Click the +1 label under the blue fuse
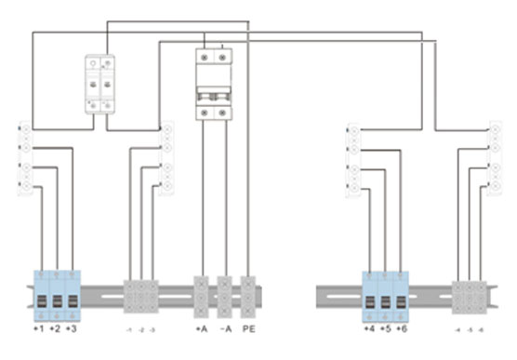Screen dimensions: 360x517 click(x=39, y=330)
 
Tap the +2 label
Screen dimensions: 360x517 click(x=57, y=330)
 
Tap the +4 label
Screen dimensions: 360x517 click(x=369, y=330)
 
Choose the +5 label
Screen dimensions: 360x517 click(x=386, y=330)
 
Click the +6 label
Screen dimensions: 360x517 click(x=402, y=330)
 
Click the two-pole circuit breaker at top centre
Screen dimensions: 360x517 click(x=216, y=84)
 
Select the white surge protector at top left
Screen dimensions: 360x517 click(x=100, y=84)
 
